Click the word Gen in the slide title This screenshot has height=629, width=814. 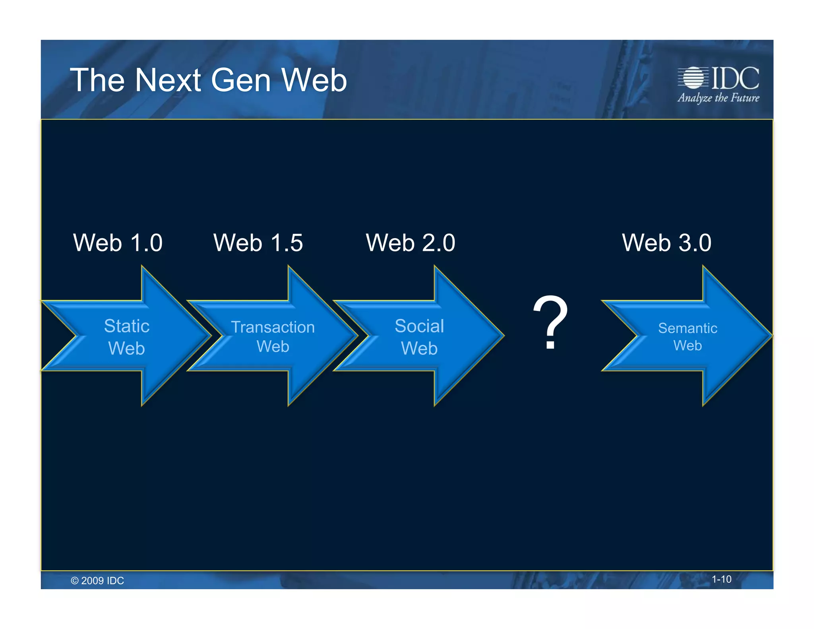click(240, 80)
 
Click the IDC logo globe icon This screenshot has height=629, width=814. click(693, 78)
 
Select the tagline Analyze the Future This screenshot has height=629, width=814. click(718, 98)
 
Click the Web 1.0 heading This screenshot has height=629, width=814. click(118, 243)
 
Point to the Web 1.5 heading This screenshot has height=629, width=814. click(258, 243)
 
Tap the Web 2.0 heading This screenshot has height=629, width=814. click(410, 243)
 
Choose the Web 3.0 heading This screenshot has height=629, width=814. click(667, 243)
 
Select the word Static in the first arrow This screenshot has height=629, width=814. click(127, 326)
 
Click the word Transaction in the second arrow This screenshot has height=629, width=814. click(273, 327)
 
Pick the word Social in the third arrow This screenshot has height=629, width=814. click(419, 326)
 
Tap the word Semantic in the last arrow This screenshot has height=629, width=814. click(688, 328)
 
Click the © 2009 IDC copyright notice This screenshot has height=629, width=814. click(97, 580)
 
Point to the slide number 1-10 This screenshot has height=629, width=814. click(721, 579)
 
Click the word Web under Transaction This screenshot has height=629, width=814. click(273, 346)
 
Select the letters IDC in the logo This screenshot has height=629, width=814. click(735, 78)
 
